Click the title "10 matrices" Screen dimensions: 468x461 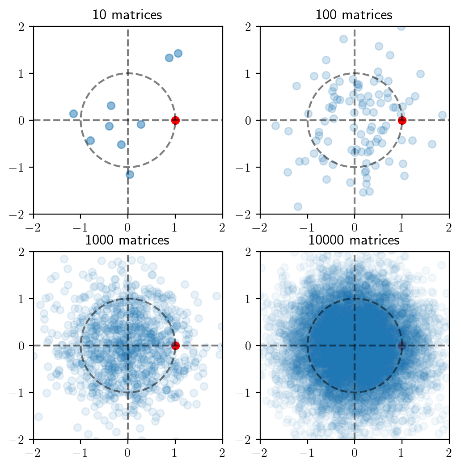tap(127, 15)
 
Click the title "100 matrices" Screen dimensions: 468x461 tap(354, 15)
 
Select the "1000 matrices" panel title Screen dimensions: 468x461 tap(127, 240)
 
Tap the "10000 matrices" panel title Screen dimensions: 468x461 tap(354, 240)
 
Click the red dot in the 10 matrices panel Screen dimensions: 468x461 tap(175, 120)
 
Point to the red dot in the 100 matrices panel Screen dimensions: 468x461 tap(402, 120)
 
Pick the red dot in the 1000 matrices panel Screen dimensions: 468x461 tap(175, 346)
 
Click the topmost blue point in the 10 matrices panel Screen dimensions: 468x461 tap(178, 53)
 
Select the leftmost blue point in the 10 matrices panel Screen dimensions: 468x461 tap(73, 114)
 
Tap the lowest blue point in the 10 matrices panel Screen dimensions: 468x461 tap(130, 174)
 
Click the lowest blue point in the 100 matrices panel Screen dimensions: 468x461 tap(298, 207)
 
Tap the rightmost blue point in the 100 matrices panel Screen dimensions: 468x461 tap(443, 115)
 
